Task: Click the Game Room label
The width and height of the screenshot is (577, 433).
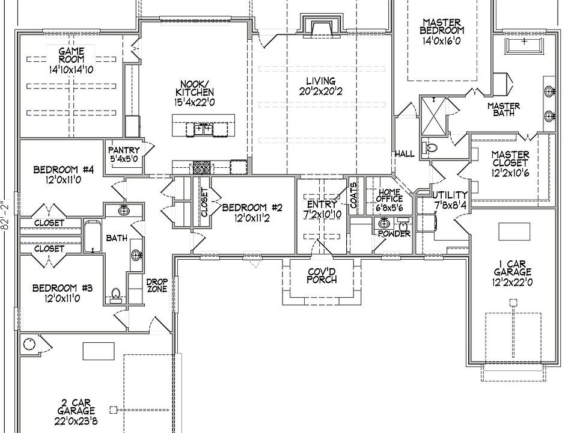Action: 71,55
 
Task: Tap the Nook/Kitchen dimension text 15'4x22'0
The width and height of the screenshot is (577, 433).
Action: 194,102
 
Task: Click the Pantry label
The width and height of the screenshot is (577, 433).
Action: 124,150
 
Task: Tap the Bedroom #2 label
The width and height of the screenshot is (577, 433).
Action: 252,208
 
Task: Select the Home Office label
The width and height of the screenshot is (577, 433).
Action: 388,197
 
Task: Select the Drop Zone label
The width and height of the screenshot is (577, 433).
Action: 156,285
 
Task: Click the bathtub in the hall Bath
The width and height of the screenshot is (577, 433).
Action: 93,238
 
